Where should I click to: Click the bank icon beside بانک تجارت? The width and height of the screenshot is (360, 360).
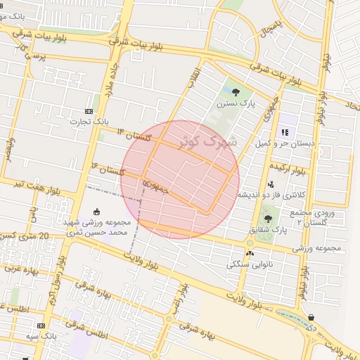pyautogui.click(x=89, y=111)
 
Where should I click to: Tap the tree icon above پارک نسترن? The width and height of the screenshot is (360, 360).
pyautogui.click(x=236, y=92)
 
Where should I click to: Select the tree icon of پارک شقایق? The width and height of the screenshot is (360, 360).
pyautogui.click(x=268, y=219)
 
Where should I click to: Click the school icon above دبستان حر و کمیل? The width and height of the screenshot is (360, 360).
pyautogui.click(x=284, y=132)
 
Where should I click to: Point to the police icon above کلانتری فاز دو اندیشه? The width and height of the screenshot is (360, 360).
pyautogui.click(x=271, y=184)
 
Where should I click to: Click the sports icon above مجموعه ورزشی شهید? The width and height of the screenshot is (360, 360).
pyautogui.click(x=97, y=212)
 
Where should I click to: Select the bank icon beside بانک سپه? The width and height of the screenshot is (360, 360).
pyautogui.click(x=41, y=326)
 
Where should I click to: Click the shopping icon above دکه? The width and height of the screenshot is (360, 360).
pyautogui.click(x=311, y=317)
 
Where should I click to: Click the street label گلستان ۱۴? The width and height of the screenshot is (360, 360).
pyautogui.click(x=134, y=136)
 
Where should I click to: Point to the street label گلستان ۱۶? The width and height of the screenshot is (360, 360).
pyautogui.click(x=108, y=169)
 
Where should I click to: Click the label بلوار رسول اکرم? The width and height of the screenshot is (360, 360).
pyautogui.click(x=55, y=281)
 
